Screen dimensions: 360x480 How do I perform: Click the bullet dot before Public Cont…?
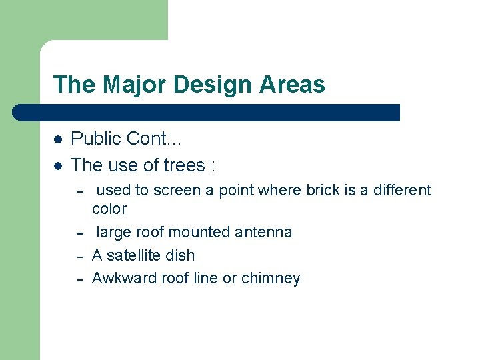[58, 139]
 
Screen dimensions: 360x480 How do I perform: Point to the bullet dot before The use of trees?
[58, 165]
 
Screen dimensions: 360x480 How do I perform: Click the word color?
[109, 209]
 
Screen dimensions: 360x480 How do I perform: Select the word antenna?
[263, 232]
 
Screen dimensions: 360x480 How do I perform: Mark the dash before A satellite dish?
[79, 256]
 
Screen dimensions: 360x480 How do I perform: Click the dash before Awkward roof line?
[79, 279]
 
